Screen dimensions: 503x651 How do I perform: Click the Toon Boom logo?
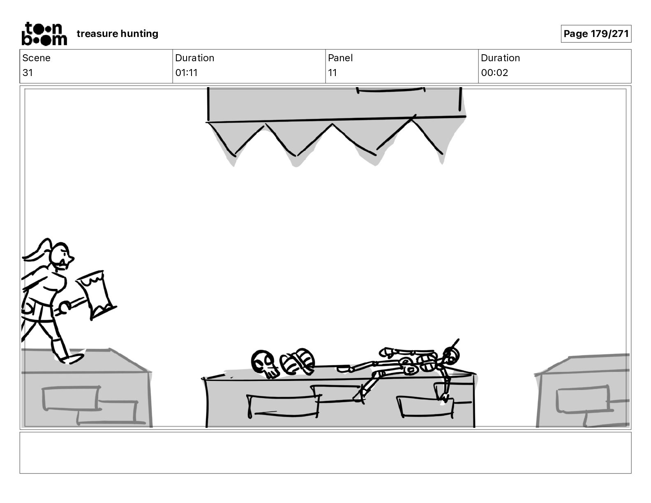(44, 34)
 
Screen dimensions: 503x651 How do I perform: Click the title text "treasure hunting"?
(117, 34)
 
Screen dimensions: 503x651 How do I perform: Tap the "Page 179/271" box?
(596, 34)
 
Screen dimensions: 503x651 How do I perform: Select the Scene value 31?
(28, 73)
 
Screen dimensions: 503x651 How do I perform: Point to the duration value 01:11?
(186, 73)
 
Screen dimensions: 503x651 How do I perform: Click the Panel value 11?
(332, 73)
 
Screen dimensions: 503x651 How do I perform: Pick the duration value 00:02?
(494, 73)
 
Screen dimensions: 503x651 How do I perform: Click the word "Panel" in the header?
(340, 58)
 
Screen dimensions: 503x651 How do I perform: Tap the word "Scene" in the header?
(36, 58)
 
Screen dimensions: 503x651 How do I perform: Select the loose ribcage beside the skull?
(297, 362)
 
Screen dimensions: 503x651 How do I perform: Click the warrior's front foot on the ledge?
(72, 359)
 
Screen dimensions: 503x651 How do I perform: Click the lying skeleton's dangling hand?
(444, 397)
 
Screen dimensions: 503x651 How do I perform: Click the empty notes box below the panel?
(325, 452)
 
